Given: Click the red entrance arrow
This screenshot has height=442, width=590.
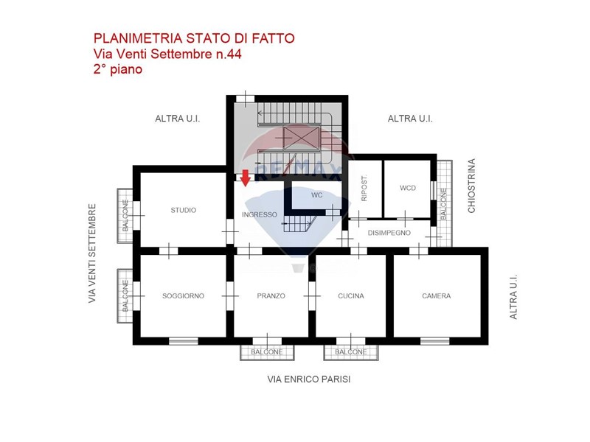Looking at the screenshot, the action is pyautogui.click(x=246, y=178).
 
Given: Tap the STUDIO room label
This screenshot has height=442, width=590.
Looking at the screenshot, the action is pyautogui.click(x=183, y=210).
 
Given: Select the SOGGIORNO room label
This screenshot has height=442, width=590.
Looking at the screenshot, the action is pyautogui.click(x=183, y=296).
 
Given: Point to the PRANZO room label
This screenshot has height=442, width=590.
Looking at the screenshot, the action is pyautogui.click(x=271, y=296).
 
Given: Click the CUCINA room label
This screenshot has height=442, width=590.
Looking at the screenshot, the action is pyautogui.click(x=351, y=296).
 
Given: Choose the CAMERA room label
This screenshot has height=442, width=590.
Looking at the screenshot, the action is pyautogui.click(x=437, y=296).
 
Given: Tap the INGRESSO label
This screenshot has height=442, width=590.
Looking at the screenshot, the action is pyautogui.click(x=260, y=214).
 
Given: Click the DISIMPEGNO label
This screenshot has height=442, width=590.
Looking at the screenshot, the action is pyautogui.click(x=389, y=233).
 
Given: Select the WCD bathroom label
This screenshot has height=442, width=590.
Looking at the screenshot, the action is pyautogui.click(x=408, y=188).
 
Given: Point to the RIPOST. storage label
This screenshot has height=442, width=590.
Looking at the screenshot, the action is pyautogui.click(x=364, y=188).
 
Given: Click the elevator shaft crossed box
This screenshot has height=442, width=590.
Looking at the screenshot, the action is pyautogui.click(x=302, y=138).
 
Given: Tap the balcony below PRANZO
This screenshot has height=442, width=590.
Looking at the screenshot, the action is pyautogui.click(x=267, y=352).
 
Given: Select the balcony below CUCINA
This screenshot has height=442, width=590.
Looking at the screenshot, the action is pyautogui.click(x=351, y=352).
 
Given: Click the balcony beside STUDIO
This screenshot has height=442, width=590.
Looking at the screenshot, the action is pyautogui.click(x=125, y=216).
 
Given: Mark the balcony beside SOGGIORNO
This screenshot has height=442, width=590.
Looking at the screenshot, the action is pyautogui.click(x=125, y=296).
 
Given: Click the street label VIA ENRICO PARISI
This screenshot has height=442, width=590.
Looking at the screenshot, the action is pyautogui.click(x=309, y=379).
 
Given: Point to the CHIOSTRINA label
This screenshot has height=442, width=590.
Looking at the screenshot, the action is pyautogui.click(x=471, y=186).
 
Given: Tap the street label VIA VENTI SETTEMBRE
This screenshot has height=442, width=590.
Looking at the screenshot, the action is pyautogui.click(x=92, y=253).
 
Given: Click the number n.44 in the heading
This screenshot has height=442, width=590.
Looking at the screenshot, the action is pyautogui.click(x=228, y=54).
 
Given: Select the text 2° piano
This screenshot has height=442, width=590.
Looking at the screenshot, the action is pyautogui.click(x=118, y=69).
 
